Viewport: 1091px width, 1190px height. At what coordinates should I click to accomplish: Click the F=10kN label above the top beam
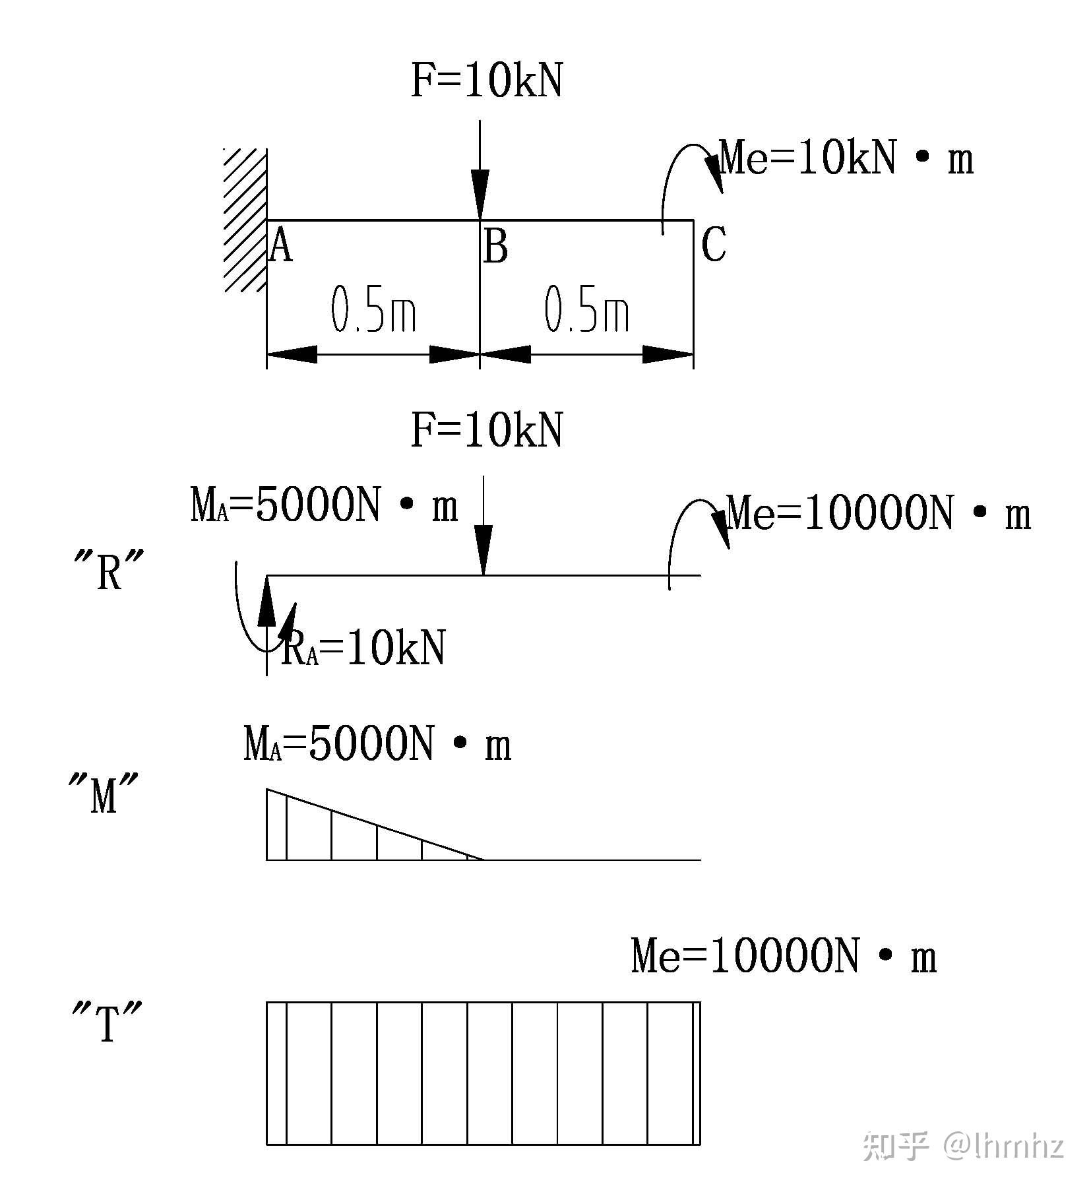coord(487,82)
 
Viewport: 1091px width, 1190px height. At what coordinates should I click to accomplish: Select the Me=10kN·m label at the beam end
coord(846,159)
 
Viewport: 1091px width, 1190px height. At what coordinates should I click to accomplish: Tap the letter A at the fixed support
coord(282,245)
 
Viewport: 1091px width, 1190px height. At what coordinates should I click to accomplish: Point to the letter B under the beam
coord(496,247)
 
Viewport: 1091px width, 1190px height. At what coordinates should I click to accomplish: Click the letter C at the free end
coord(714,244)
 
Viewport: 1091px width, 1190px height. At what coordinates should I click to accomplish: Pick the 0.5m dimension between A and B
coord(373,309)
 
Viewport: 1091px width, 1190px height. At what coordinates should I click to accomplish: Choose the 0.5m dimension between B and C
coord(586,309)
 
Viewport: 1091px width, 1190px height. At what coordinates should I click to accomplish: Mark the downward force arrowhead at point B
coord(480,192)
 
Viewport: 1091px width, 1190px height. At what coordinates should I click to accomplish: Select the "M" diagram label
coord(104,795)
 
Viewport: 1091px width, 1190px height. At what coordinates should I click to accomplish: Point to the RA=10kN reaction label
coord(363,648)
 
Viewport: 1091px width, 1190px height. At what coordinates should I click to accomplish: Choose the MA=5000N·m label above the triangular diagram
coord(377,745)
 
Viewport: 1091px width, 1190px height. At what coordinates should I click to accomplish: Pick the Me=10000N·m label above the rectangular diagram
coord(784,957)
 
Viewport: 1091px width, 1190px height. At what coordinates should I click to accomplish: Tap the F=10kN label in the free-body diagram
coord(487,431)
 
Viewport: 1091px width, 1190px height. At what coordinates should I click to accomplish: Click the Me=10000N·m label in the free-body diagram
coord(879,515)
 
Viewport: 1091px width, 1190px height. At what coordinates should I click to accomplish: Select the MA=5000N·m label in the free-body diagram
coord(324,507)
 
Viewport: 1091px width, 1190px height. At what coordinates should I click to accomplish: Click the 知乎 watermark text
coord(896,1146)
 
